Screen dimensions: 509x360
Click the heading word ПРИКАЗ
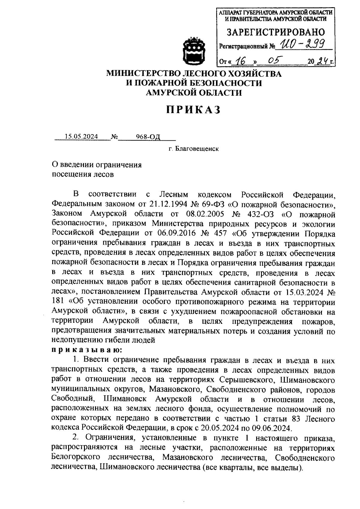(x=194, y=110)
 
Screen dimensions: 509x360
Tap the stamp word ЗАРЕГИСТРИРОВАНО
(x=275, y=32)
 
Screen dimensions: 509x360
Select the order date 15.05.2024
(x=81, y=137)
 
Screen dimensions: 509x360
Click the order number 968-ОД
(x=148, y=137)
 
